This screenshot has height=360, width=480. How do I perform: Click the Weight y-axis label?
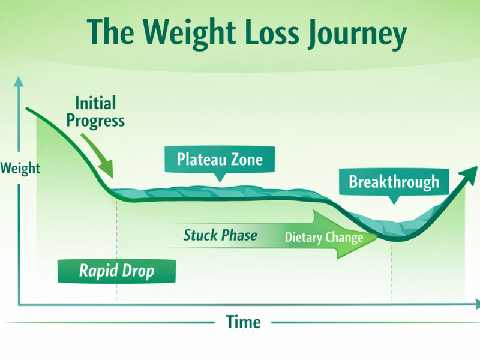point(20,167)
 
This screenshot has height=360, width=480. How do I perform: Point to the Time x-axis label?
point(243,322)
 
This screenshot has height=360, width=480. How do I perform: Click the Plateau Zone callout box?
point(220,160)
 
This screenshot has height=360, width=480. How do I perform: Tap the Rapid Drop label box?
point(116,271)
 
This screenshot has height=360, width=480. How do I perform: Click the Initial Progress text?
point(95,112)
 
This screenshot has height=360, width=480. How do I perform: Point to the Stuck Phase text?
point(220,235)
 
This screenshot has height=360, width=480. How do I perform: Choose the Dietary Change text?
point(324,238)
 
